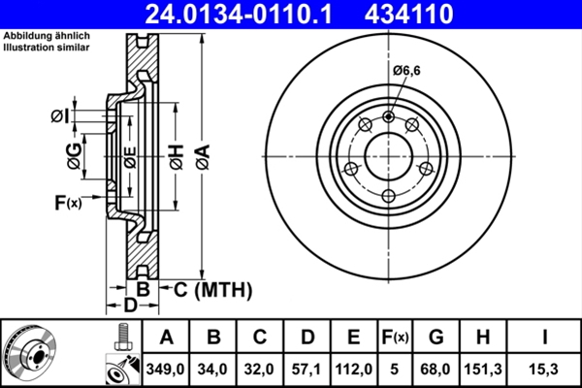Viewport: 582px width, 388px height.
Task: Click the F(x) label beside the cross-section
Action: click(67, 203)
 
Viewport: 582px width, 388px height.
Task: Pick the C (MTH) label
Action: click(211, 288)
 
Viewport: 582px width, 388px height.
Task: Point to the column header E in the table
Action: click(354, 338)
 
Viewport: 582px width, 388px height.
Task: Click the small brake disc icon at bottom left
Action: click(30, 352)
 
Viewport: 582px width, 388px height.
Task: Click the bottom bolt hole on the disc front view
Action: click(389, 197)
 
